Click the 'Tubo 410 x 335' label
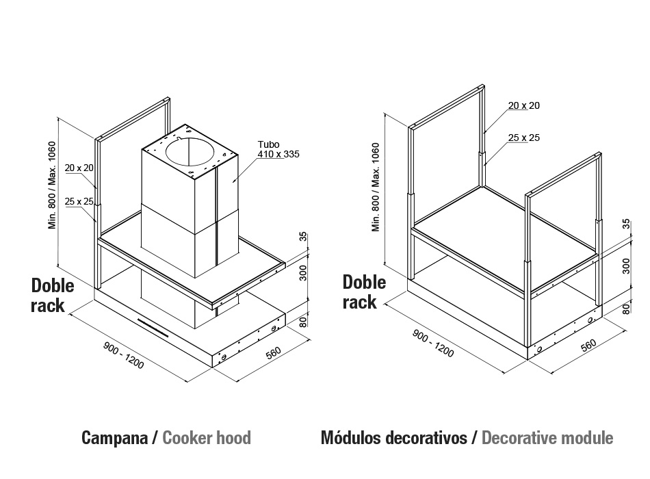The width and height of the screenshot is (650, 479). coord(278,149)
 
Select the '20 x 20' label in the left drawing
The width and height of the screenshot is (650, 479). coord(79,168)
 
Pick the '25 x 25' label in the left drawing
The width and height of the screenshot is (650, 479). coord(79,202)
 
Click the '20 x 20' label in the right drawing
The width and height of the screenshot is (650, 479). coord(524,106)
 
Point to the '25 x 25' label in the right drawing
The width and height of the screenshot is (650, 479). coord(524,138)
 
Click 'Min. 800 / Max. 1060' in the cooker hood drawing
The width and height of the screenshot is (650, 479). coord(52,185)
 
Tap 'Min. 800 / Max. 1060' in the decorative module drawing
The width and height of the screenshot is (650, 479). coord(376,187)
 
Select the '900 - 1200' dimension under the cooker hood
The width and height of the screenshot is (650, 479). coord(124,355)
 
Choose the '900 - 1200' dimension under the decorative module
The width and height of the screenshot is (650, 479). coord(433,344)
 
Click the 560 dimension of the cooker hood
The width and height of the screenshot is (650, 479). coord(273,352)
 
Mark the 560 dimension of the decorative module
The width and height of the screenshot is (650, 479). coord(588,345)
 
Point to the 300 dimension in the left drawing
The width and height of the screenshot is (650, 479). coord(303,273)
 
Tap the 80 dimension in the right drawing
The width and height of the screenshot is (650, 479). coord(626,308)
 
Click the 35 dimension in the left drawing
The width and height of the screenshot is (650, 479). coord(303,236)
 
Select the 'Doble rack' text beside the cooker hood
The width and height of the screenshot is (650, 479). coord(53,296)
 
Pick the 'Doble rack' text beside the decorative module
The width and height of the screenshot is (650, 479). coord(365,292)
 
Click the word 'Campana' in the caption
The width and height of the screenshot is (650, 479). coord(114,438)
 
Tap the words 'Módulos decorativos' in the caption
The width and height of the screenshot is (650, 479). coord(394,438)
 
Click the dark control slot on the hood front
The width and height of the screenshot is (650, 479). coord(153,328)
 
